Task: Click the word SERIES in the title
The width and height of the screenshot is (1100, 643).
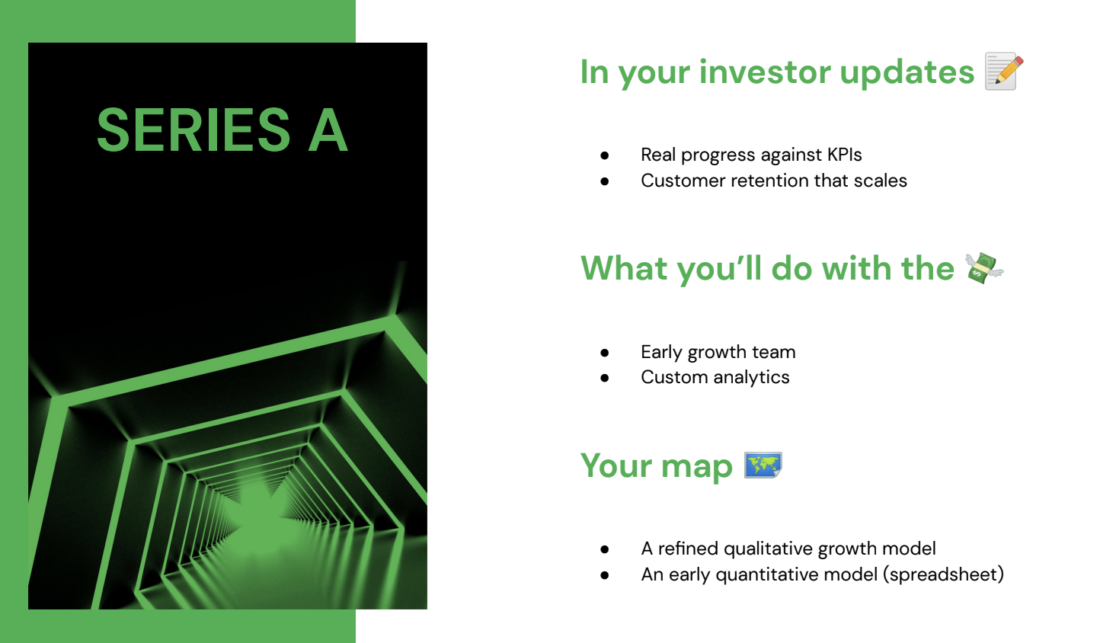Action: point(193,130)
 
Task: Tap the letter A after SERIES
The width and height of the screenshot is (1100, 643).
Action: point(328,130)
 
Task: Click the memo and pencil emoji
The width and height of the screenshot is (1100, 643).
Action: point(1004,71)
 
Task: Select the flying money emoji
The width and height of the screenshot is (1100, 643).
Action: point(984,268)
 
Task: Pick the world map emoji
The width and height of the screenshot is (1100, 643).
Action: point(763,465)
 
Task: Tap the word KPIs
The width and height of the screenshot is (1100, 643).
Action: point(844,155)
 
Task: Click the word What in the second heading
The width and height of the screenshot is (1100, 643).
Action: point(624,269)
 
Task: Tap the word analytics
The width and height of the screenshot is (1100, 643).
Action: point(751,378)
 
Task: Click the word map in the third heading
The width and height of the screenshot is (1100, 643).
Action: point(696,467)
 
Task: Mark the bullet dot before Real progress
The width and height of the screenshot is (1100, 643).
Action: point(605,155)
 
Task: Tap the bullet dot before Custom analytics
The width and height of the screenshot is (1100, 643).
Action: point(605,378)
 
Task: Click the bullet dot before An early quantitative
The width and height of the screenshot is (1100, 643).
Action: point(605,575)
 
